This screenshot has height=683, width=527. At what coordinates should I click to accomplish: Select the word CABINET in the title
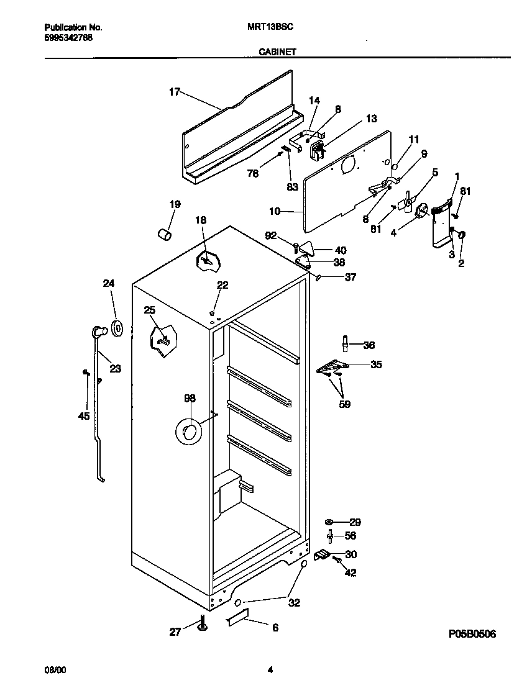[x=277, y=53]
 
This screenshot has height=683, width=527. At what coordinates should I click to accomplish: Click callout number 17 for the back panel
[x=174, y=92]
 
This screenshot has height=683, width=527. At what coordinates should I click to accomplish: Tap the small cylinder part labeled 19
[x=164, y=235]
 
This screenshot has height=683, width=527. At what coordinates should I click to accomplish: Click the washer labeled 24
[x=117, y=328]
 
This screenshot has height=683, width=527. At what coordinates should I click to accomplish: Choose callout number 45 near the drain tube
[x=84, y=416]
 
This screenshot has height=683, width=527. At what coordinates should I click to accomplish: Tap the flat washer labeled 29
[x=329, y=522]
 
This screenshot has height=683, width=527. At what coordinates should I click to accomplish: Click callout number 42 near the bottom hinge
[x=351, y=573]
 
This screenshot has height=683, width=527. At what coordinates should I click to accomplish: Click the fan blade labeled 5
[x=407, y=201]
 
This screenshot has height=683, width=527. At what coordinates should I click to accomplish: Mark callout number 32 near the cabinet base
[x=294, y=601]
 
